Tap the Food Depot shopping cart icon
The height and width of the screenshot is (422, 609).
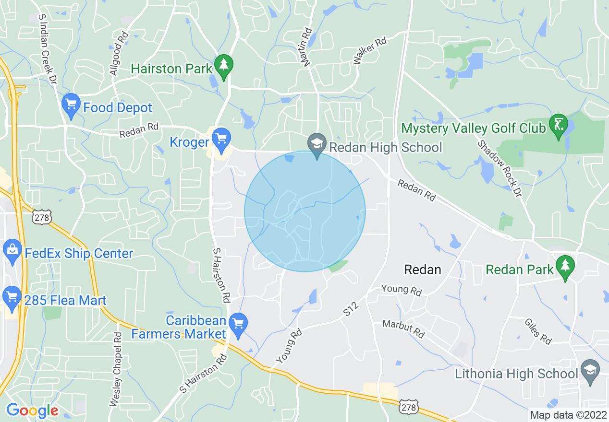click(x=71, y=105)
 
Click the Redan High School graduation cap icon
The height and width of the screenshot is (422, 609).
click(x=317, y=145)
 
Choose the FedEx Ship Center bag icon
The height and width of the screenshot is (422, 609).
click(x=12, y=251)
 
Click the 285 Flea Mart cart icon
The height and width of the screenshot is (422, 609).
click(x=12, y=298)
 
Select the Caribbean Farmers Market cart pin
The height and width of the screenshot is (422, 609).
click(x=238, y=324)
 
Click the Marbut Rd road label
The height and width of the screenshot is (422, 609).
click(x=404, y=329)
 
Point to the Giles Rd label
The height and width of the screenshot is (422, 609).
click(x=537, y=331)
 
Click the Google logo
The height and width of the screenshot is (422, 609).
click(x=32, y=410)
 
